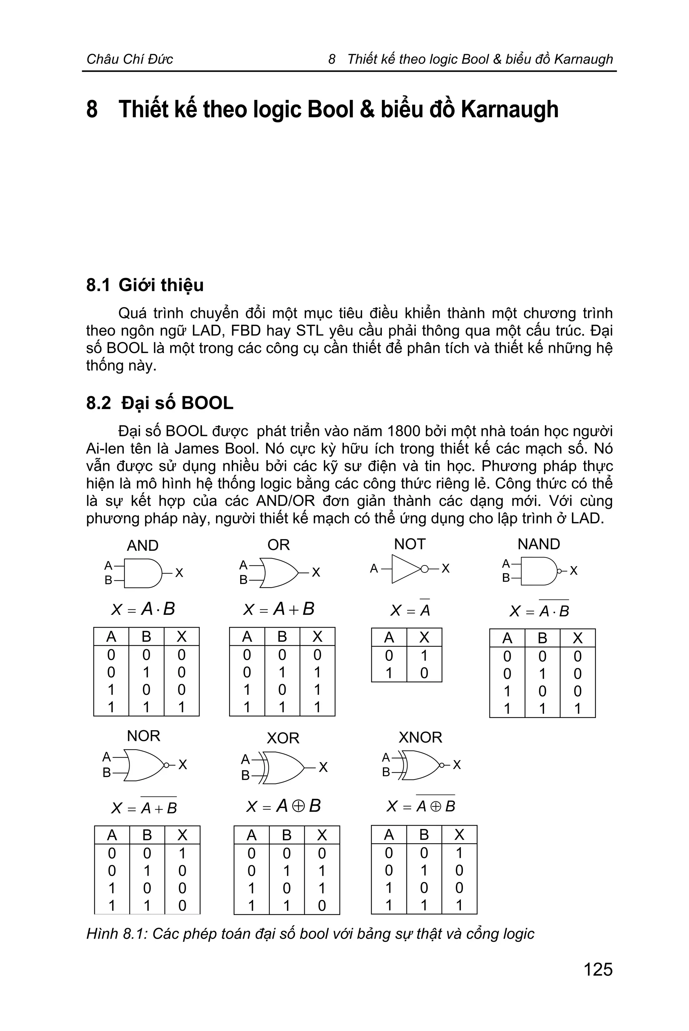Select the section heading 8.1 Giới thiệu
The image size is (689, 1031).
pos(145,285)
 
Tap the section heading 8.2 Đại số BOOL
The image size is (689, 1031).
pos(159,403)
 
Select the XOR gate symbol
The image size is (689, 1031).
pos(283,767)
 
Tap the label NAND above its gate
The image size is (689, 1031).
pos(538,544)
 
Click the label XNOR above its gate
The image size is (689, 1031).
pos(420,737)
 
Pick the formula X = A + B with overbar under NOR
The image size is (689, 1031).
pos(144,807)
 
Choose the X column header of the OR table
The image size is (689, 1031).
pos(317,637)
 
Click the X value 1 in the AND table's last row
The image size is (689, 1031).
pos(181,707)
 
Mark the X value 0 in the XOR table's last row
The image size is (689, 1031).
pos(322,905)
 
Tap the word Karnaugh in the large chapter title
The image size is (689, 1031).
pos(509,109)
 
